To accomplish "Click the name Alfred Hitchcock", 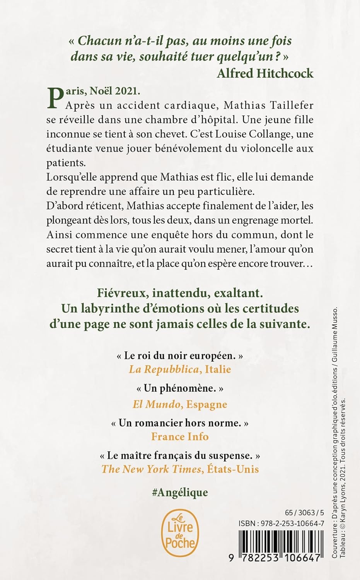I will [x=265, y=73].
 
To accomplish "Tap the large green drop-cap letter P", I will [x=55, y=98].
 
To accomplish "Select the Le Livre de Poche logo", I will [x=180, y=534].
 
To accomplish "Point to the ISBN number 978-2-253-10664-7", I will [x=281, y=524].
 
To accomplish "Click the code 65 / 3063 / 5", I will [x=304, y=513].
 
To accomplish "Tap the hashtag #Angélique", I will [x=180, y=492].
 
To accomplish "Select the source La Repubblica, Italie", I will [x=180, y=369].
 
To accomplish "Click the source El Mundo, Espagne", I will [x=180, y=404].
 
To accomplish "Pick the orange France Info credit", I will [x=180, y=437].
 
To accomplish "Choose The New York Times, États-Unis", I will [x=180, y=469].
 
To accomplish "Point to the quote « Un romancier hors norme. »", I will [x=180, y=423].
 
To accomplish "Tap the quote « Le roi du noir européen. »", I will [x=180, y=356].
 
